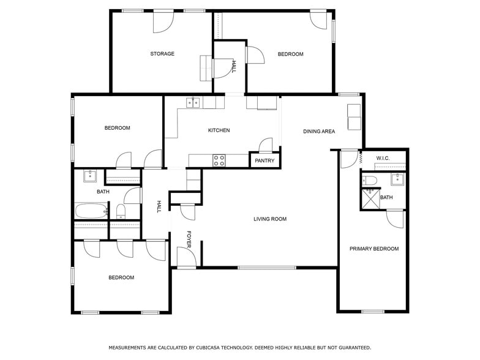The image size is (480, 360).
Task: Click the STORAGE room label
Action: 162,54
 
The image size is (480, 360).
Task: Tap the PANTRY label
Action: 264,161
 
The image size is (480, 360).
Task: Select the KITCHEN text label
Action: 219,130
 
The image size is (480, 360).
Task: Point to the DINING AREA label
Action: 319,132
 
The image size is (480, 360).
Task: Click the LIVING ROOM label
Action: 270,219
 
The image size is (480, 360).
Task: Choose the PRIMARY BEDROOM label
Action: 373,249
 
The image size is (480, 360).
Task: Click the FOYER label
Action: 189,239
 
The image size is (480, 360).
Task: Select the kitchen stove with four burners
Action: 219,160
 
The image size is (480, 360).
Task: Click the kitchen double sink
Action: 193,102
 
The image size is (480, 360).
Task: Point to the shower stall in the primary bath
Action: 369,199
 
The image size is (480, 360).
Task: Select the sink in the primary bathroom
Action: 397,179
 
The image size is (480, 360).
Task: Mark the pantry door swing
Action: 266,146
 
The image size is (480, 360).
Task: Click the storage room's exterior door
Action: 163,21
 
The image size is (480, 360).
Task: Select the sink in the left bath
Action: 89,176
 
